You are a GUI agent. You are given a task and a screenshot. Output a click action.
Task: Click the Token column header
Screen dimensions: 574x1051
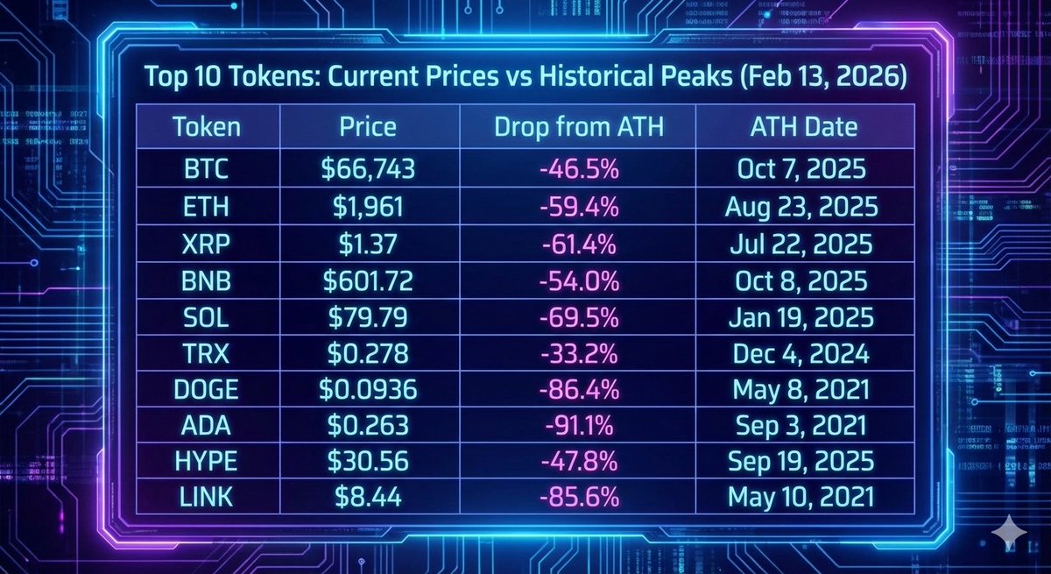tap(206, 127)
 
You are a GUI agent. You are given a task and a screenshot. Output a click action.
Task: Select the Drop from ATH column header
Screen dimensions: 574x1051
tap(579, 127)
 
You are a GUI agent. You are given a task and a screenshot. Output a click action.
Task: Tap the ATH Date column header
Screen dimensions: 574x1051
tap(803, 127)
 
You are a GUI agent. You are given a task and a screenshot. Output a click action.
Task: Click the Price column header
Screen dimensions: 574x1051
tap(368, 127)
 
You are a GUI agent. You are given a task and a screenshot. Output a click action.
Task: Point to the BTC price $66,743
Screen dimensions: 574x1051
tap(368, 169)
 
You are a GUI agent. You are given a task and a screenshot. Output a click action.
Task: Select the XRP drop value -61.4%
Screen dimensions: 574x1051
tap(579, 243)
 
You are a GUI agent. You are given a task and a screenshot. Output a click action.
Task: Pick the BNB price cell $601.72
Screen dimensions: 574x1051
tap(368, 280)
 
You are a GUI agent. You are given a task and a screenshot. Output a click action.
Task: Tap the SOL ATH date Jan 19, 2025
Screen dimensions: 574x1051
tap(800, 316)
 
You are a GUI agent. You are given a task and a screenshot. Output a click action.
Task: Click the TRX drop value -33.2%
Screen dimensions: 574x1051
tap(579, 353)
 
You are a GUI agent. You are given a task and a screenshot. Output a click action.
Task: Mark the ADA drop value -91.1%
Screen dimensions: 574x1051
tap(579, 426)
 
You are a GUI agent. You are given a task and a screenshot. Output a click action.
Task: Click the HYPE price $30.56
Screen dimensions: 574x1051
tap(368, 462)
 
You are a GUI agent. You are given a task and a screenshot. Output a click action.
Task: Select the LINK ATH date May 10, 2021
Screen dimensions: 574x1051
tap(800, 498)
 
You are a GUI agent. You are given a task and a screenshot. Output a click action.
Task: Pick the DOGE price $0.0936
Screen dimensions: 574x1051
tap(368, 389)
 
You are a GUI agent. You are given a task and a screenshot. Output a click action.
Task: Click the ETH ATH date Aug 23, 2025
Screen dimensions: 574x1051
tap(800, 206)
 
